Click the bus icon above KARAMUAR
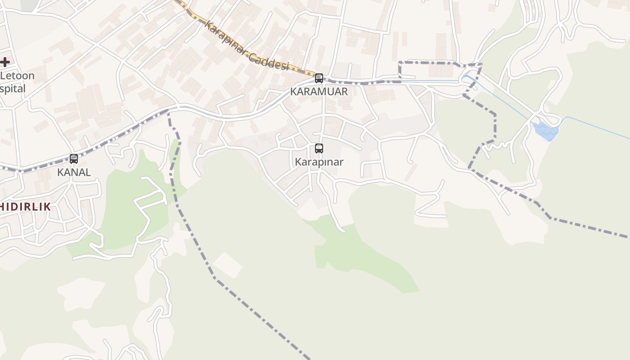(x=319, y=78)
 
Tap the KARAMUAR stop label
(x=319, y=92)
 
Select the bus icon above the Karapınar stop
(x=319, y=148)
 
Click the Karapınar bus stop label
(x=319, y=162)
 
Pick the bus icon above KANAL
(x=74, y=158)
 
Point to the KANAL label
(x=74, y=172)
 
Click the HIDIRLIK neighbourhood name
(x=25, y=207)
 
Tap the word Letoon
(x=17, y=76)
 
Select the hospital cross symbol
(x=5, y=62)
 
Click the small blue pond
(x=545, y=131)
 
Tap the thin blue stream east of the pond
(x=598, y=128)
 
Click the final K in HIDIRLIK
(x=46, y=207)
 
